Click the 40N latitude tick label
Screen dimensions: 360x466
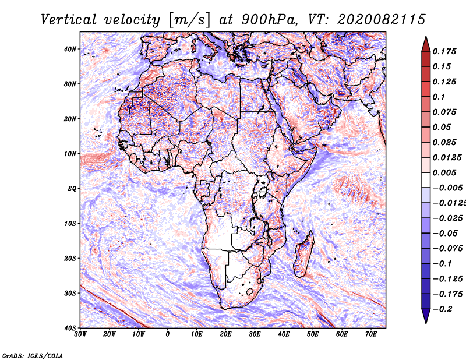click(70, 49)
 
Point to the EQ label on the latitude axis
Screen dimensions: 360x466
click(71, 189)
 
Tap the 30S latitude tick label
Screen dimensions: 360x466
click(70, 293)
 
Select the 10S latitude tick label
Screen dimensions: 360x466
click(70, 223)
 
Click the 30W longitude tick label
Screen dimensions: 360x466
click(80, 334)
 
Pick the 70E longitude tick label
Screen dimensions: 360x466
click(370, 334)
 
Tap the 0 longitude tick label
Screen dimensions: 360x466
click(168, 334)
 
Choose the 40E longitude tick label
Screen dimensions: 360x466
click(284, 334)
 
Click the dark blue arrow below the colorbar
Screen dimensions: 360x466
click(426, 316)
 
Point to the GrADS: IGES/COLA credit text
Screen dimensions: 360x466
click(32, 354)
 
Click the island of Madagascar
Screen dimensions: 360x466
click(303, 253)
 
